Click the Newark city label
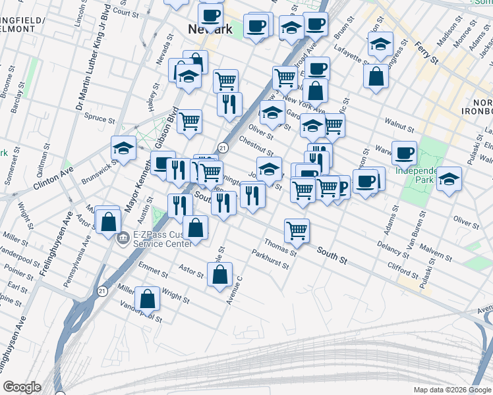(x=210, y=30)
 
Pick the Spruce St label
(x=100, y=117)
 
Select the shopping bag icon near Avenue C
(x=221, y=274)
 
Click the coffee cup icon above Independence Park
(x=404, y=153)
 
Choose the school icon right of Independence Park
(x=449, y=178)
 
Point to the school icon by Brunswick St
(x=123, y=148)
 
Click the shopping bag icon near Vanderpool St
(x=148, y=298)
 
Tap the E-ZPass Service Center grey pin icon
(x=122, y=238)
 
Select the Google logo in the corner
(x=22, y=387)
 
